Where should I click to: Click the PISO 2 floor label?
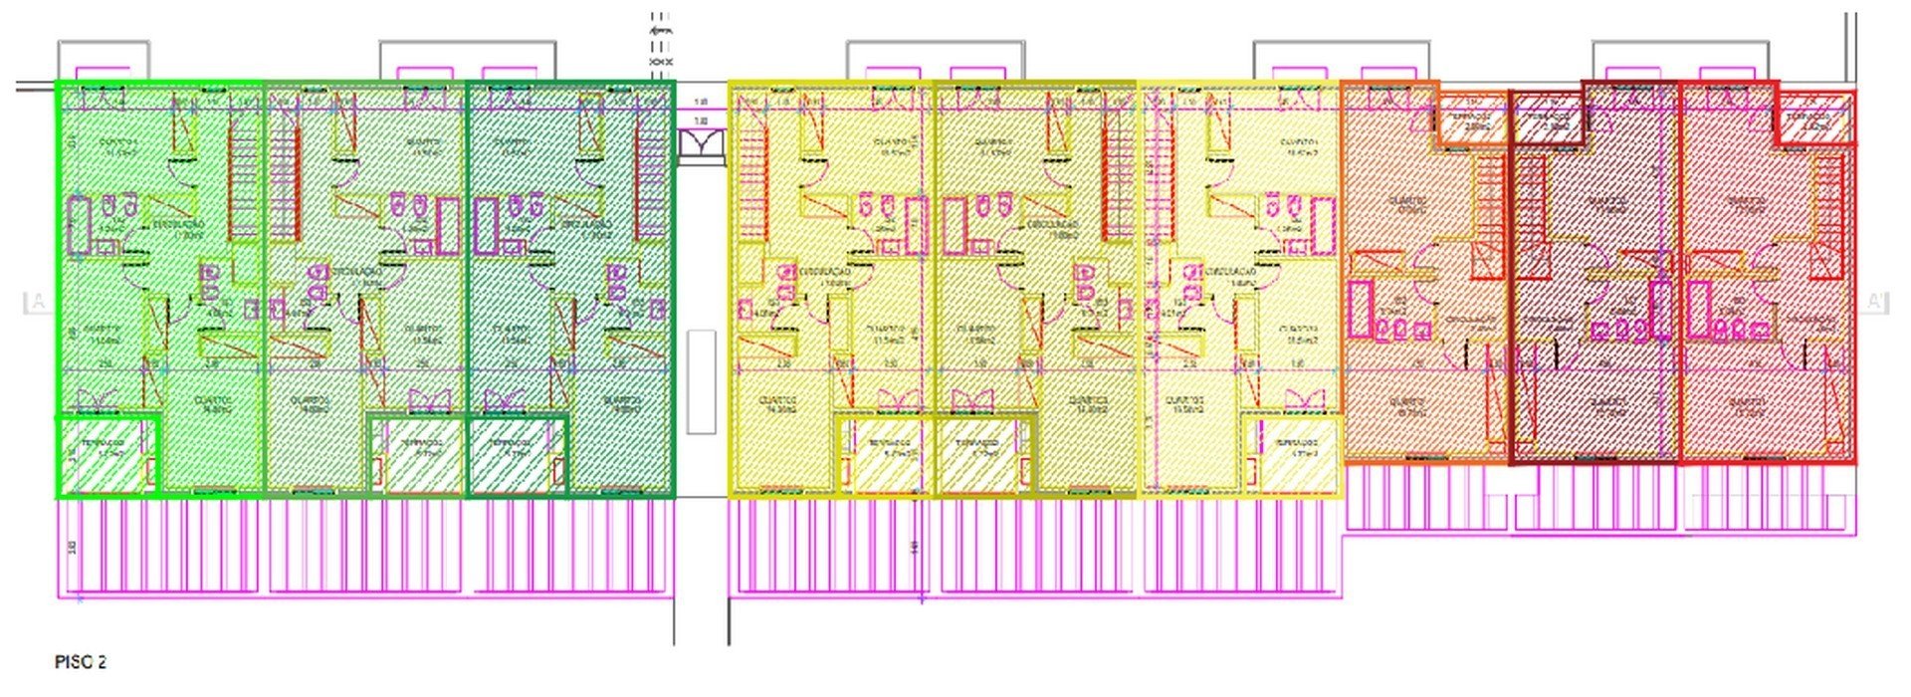pos(80,662)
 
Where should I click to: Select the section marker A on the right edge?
pos(1874,301)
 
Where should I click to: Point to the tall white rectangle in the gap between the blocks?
pos(701,381)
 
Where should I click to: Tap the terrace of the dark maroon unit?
pos(1546,122)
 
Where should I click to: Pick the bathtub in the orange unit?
pos(1359,309)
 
